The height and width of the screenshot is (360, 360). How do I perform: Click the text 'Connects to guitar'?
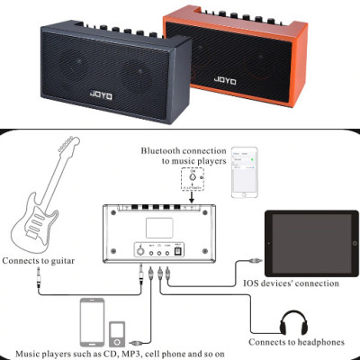click(x=41, y=261)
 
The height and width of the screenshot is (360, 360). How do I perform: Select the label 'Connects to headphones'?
click(x=296, y=342)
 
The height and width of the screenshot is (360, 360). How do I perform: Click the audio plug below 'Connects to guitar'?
click(x=39, y=277)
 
